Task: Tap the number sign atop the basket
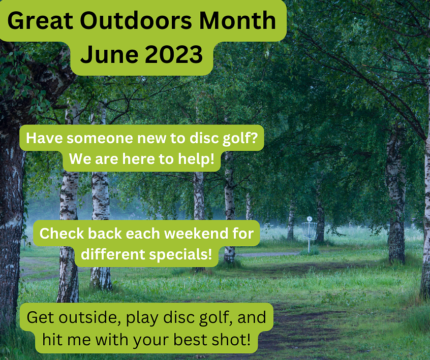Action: click(x=309, y=219)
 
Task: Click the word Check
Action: click(x=62, y=234)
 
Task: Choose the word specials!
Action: click(x=181, y=253)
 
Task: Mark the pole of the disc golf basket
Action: click(x=309, y=246)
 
